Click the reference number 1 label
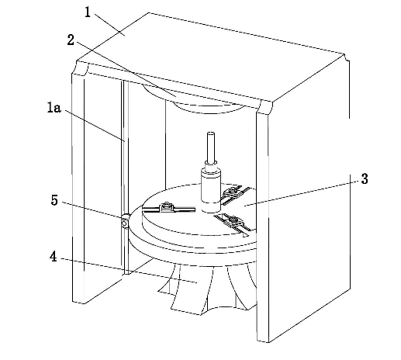[x=88, y=12]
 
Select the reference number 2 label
[x=71, y=40]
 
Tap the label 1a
[x=54, y=107]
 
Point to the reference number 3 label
[x=365, y=178]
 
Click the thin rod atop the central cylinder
[x=211, y=147]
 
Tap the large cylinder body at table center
[x=211, y=190]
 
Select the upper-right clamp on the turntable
[x=233, y=192]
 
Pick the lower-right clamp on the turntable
[x=233, y=221]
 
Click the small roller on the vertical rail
[x=125, y=221]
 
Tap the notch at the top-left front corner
[x=81, y=68]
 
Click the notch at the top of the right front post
[x=264, y=107]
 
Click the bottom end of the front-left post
[x=78, y=302]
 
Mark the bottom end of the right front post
[x=263, y=341]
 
